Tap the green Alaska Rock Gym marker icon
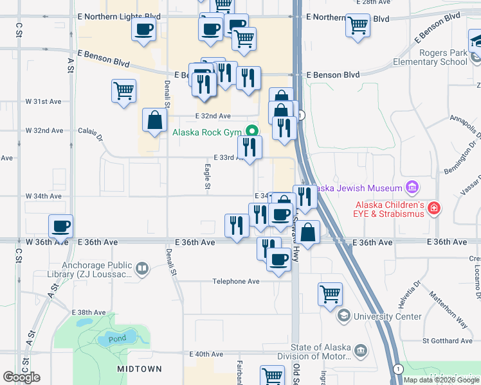[x=251, y=133]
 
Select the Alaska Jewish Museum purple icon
[x=412, y=188]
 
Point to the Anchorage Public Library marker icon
[x=142, y=269]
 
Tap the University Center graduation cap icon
[x=344, y=316]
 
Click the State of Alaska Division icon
[x=360, y=350]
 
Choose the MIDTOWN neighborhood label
[x=140, y=369]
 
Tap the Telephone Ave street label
[x=237, y=282]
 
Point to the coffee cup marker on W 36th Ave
[x=61, y=225]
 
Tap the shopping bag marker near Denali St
[x=155, y=119]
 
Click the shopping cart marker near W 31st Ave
[x=123, y=90]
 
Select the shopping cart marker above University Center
[x=330, y=294]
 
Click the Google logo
[x=22, y=377]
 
